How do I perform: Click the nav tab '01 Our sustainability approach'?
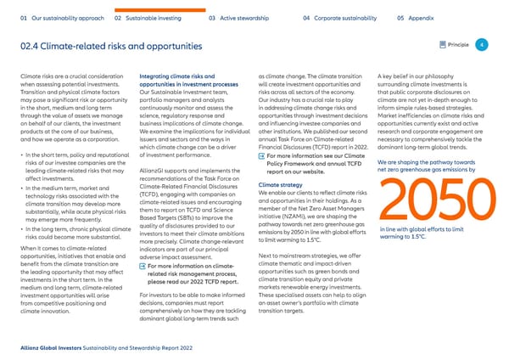[59, 17]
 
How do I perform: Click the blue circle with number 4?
[481, 45]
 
